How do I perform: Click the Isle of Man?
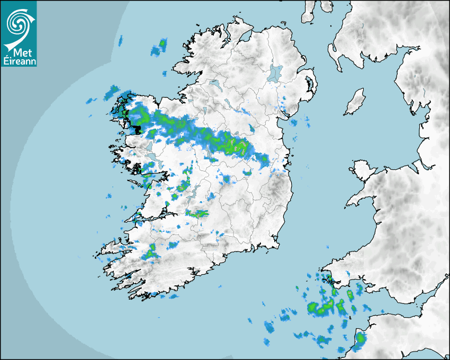pyautogui.click(x=355, y=102)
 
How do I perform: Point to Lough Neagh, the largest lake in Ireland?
pyautogui.click(x=275, y=73)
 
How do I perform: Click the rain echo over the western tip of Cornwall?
pyautogui.click(x=359, y=339)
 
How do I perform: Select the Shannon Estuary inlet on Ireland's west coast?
pyautogui.click(x=154, y=215)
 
